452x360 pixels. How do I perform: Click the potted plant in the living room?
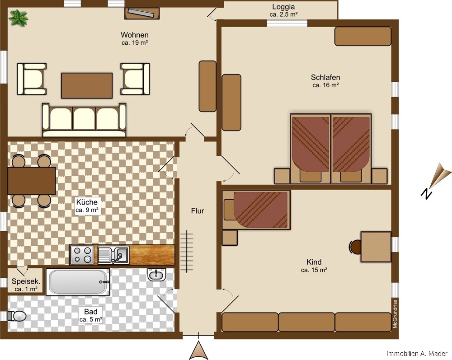coord(18,18)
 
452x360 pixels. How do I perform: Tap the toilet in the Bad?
coord(17,316)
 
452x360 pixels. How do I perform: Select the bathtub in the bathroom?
coord(78,282)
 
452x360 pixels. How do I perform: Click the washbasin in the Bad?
coord(157,274)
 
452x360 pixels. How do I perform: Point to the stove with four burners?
coord(82,255)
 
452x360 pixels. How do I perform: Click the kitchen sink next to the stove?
coord(113,255)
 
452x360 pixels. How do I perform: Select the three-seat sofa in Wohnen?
coord(84,120)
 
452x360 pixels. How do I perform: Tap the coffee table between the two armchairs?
coord(87,85)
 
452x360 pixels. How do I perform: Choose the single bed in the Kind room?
coord(256,210)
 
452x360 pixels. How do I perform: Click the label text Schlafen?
coord(325,77)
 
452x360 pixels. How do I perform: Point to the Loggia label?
coord(283,7)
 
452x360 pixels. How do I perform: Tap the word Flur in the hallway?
coord(198,211)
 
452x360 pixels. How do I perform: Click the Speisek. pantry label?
coord(26,281)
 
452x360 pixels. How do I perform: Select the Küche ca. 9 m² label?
coord(87,206)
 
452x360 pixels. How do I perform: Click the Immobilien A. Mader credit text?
coord(417,353)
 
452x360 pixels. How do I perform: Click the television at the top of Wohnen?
coord(142,13)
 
